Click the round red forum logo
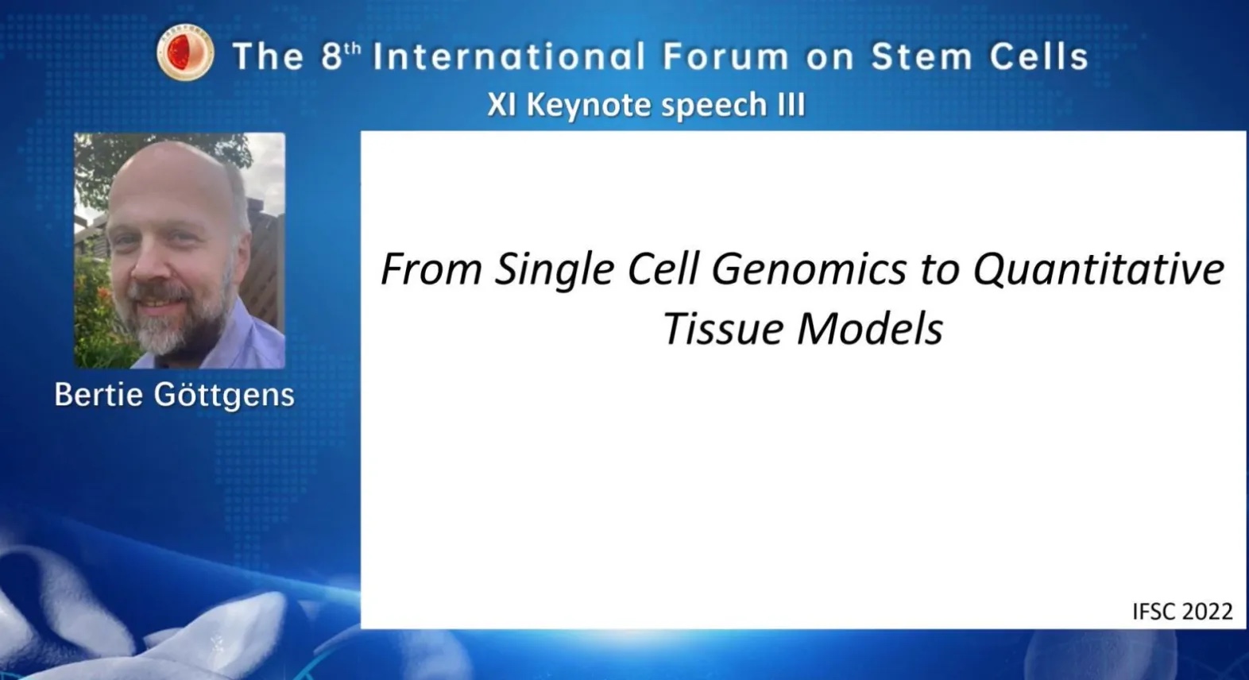[x=185, y=53]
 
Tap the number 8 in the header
[x=331, y=56]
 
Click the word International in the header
[x=509, y=56]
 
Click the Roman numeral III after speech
[x=791, y=104]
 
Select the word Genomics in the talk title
[x=809, y=270]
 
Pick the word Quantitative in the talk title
[x=1099, y=269]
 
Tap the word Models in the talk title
[x=870, y=329]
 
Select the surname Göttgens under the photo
[x=223, y=396]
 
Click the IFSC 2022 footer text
[x=1182, y=612]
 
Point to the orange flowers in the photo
[x=100, y=312]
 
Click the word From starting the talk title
[x=431, y=270]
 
